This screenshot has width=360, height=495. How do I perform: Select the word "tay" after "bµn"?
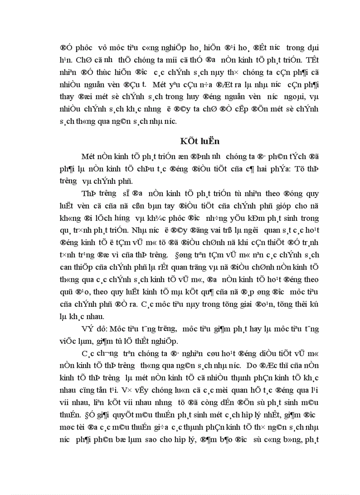pos(154,205)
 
